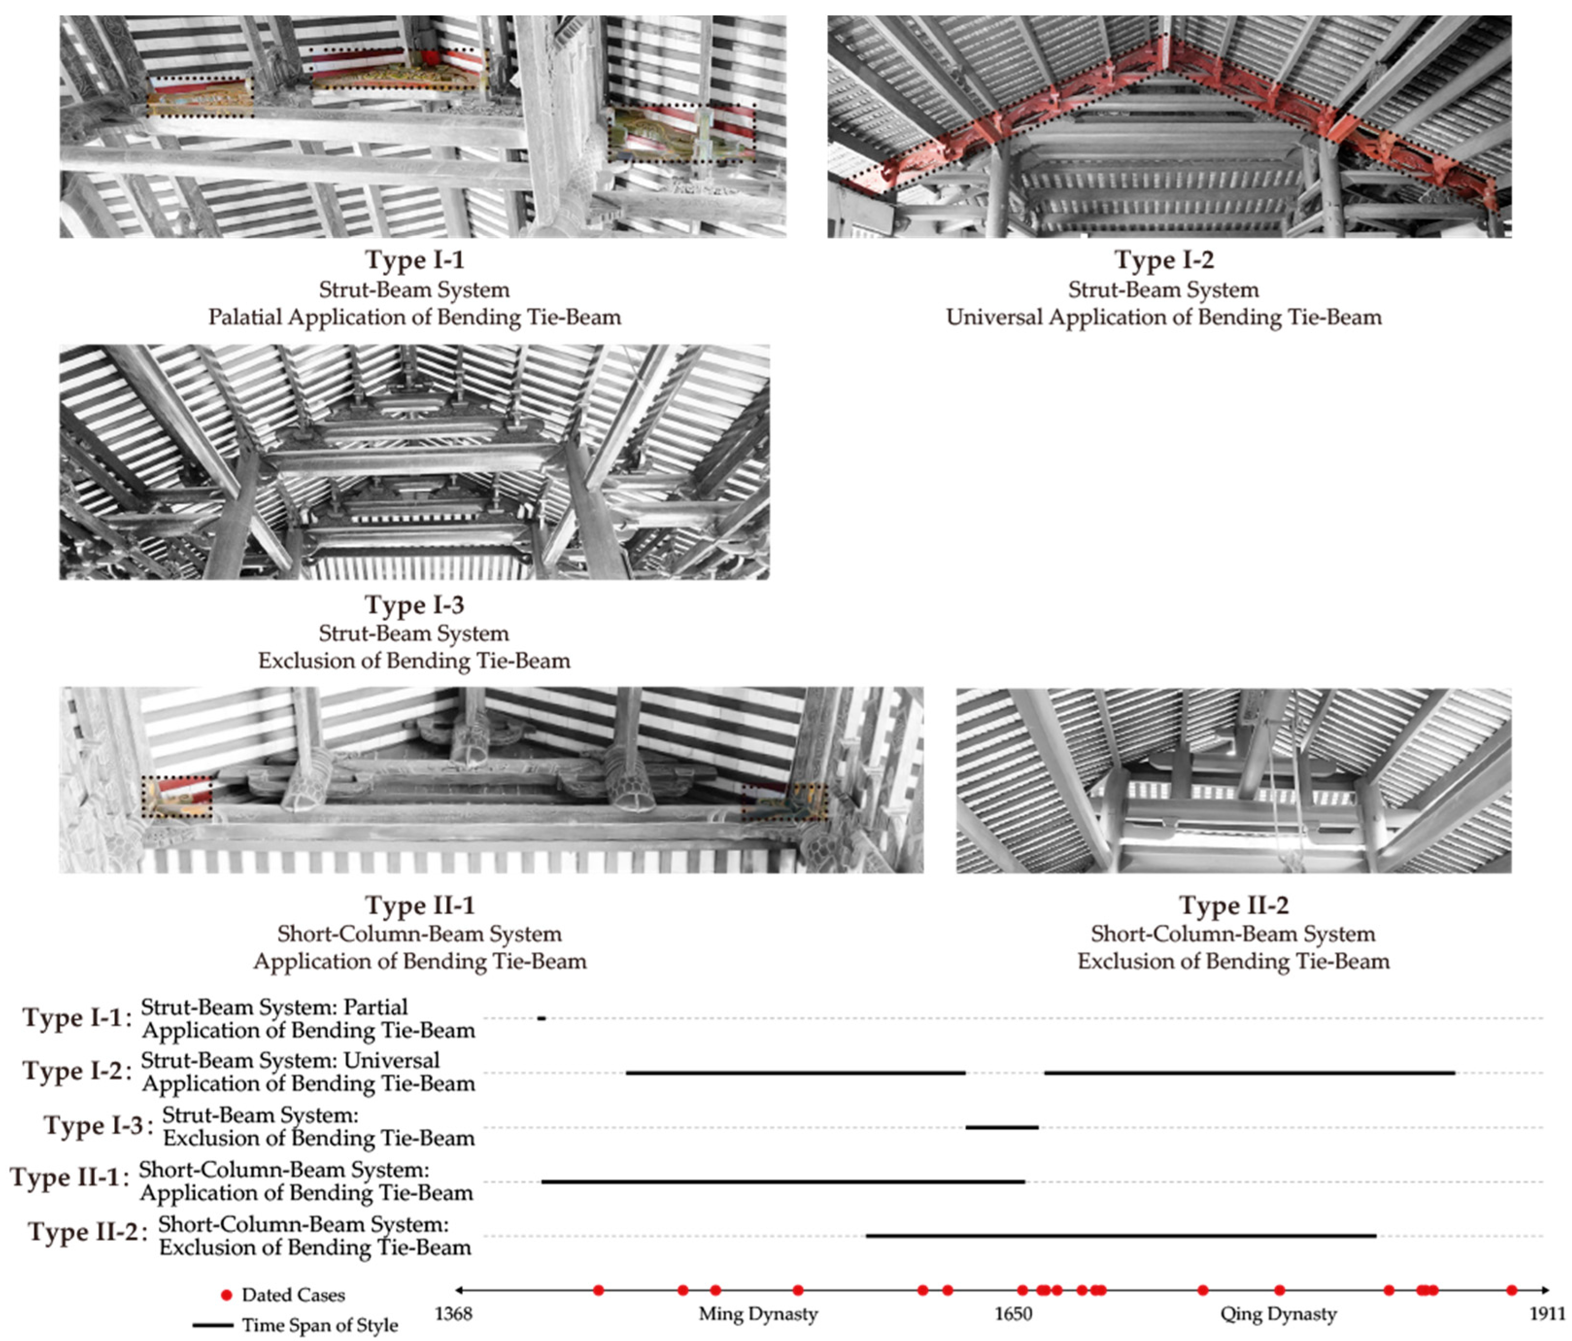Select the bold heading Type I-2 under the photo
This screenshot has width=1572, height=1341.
[1164, 260]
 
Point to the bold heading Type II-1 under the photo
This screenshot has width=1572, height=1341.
[420, 905]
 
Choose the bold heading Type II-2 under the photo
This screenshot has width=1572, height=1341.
[1234, 905]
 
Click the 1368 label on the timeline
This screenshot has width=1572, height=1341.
[453, 1314]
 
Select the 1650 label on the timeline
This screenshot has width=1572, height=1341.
[1014, 1314]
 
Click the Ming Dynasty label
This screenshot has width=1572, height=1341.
[758, 1314]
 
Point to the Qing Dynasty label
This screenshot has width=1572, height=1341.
[1278, 1314]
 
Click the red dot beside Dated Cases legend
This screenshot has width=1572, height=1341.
[226, 1295]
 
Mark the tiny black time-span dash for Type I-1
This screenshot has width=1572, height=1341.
[541, 1018]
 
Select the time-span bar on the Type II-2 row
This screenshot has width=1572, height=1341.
[1121, 1236]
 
